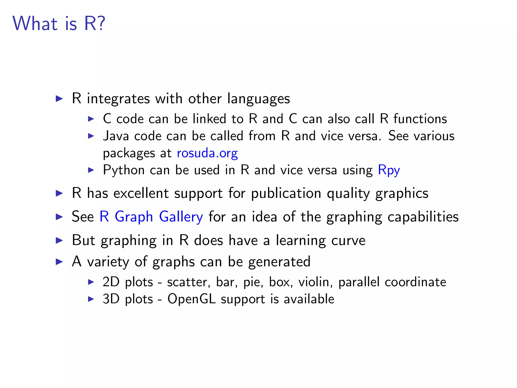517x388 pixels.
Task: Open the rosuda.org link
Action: (x=207, y=153)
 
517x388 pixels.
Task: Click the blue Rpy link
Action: (x=389, y=170)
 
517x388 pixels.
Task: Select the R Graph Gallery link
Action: (x=151, y=217)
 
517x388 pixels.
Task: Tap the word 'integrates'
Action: (x=118, y=99)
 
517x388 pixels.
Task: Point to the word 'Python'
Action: (x=124, y=170)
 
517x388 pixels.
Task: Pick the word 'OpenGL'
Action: (x=191, y=299)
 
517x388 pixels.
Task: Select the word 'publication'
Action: (x=286, y=193)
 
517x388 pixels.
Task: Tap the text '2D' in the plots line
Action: (x=111, y=282)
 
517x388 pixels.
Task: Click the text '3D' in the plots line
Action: (x=111, y=299)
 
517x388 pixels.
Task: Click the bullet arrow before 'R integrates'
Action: (x=59, y=99)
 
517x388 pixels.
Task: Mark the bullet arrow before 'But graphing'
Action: (x=59, y=240)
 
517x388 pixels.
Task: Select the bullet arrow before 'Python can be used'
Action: (x=91, y=170)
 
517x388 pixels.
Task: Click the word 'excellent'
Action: (x=141, y=193)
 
